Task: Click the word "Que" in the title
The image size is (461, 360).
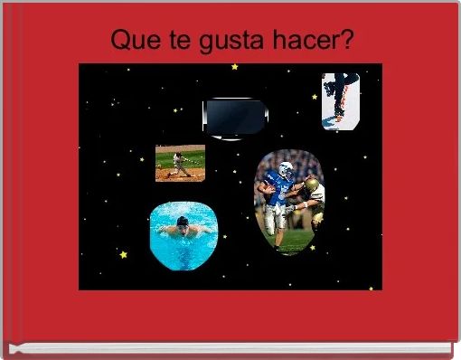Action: tap(131, 41)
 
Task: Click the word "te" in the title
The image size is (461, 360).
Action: tap(170, 41)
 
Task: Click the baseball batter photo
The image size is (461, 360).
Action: tap(179, 163)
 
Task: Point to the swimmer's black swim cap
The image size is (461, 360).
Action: tap(184, 222)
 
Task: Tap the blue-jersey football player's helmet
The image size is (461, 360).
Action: tap(286, 169)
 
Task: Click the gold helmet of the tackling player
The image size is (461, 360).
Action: tap(311, 185)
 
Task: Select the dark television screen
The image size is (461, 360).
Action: tap(234, 117)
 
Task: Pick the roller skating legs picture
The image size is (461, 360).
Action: tap(341, 101)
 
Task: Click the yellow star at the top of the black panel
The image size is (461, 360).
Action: tap(235, 67)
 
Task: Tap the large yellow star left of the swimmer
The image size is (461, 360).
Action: tap(124, 255)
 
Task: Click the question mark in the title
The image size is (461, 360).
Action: tap(348, 41)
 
